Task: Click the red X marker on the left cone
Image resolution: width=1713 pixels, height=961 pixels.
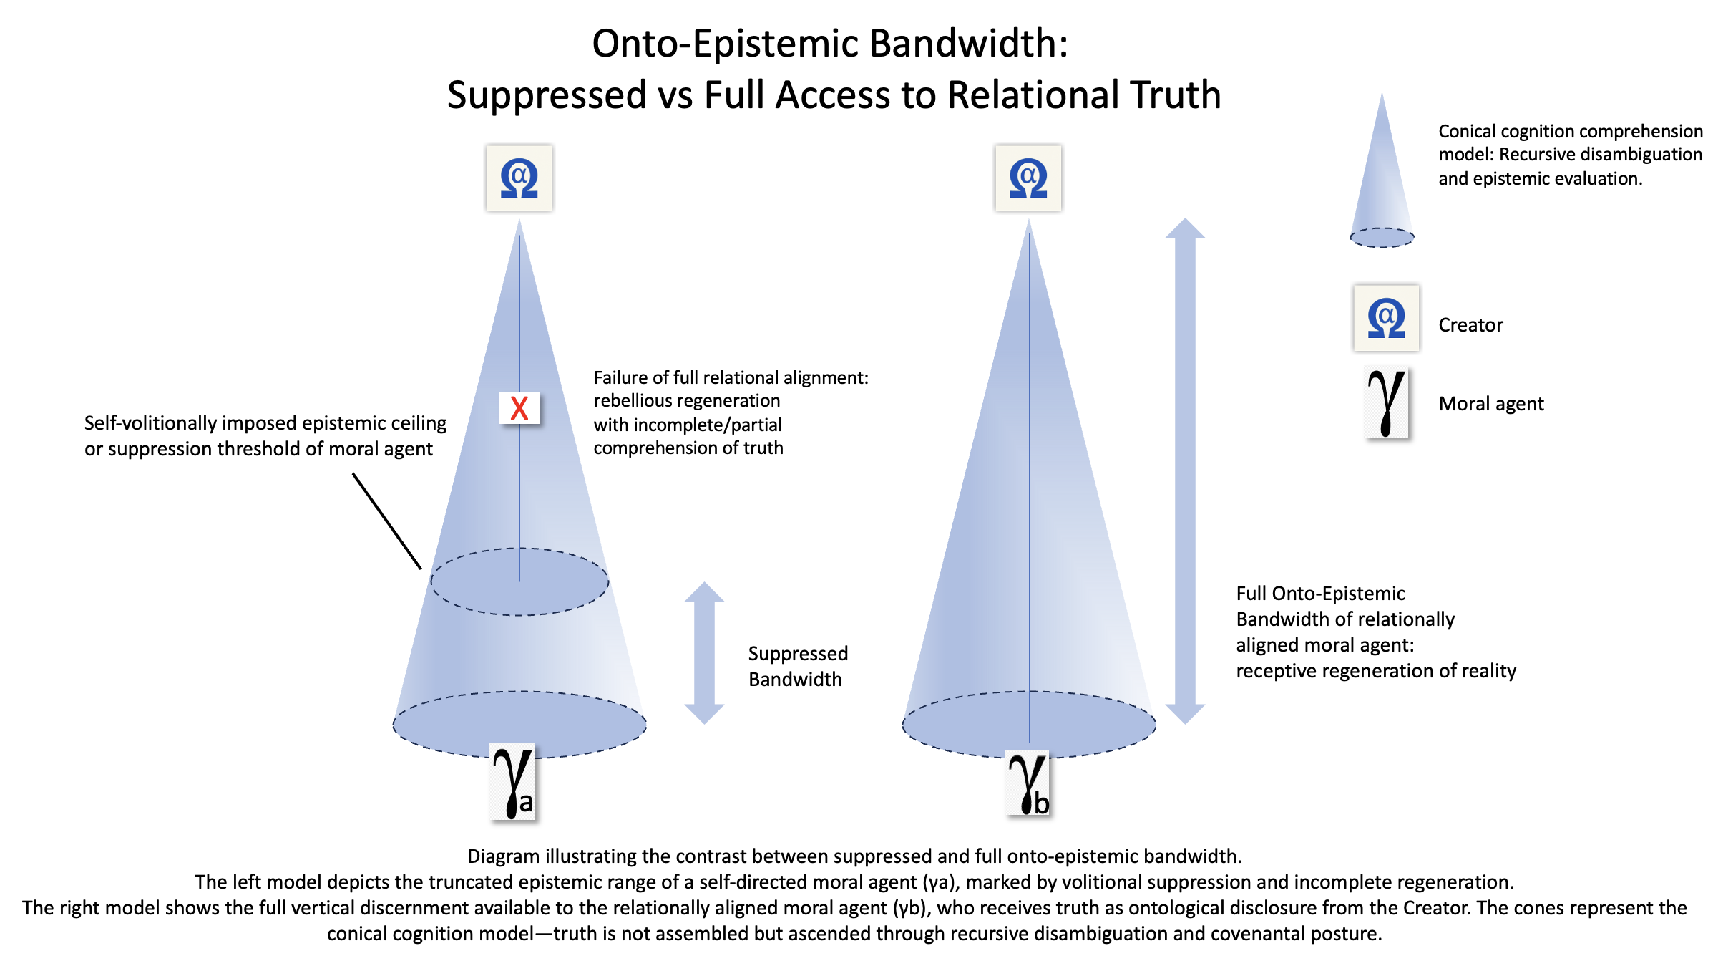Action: tap(519, 408)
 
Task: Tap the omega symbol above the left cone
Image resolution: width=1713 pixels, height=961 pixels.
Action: tap(519, 178)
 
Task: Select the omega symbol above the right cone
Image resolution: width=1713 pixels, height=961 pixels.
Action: tap(1028, 178)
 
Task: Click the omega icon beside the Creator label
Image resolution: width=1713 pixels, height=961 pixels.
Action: tap(1386, 318)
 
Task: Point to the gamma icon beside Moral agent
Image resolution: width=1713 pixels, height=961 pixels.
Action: tap(1387, 402)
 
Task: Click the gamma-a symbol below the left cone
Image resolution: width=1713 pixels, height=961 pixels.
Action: tap(513, 782)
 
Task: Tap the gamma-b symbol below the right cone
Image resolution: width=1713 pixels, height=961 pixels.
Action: tap(1028, 783)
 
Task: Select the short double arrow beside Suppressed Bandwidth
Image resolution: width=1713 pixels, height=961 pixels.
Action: tap(704, 653)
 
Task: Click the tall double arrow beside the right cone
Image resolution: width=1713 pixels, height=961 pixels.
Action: tap(1185, 471)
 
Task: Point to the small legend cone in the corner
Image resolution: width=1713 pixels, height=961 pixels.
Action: tap(1382, 172)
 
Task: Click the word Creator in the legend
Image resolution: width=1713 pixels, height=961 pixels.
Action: tap(1470, 325)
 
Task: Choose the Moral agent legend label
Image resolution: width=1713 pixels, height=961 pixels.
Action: tap(1491, 404)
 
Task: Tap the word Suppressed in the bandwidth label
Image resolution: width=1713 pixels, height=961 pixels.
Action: tap(798, 654)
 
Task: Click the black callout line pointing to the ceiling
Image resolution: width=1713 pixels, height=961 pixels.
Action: tap(387, 521)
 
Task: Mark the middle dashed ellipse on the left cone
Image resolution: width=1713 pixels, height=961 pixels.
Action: tap(519, 549)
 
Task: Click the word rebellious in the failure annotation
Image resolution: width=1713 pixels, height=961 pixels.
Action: tap(635, 401)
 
